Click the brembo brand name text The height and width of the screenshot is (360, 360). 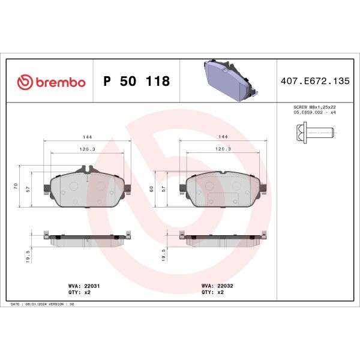[59, 82]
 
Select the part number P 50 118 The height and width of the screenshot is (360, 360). [137, 82]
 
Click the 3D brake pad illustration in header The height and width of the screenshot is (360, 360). [230, 80]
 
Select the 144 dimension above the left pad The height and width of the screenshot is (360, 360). [88, 137]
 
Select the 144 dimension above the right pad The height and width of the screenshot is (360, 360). [224, 137]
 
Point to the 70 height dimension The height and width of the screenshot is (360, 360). [16, 187]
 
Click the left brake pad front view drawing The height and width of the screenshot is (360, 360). [88, 190]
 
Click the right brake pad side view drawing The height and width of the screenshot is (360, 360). [224, 239]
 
